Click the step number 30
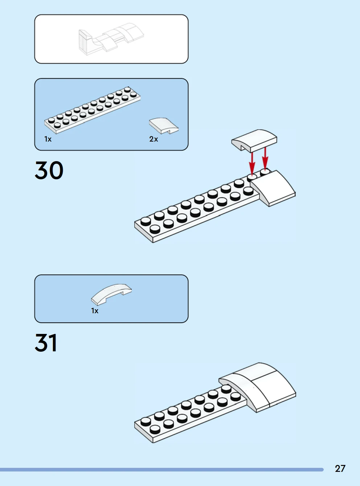pos(49,170)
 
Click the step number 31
pos(46,343)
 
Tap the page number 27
pos(340,468)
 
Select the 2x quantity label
pos(154,139)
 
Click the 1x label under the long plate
pos(48,139)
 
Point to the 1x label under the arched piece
pos(95,311)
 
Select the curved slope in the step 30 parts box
pos(164,125)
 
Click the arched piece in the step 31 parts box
pos(111,293)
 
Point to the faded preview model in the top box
pos(110,39)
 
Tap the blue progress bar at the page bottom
pos(161,469)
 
